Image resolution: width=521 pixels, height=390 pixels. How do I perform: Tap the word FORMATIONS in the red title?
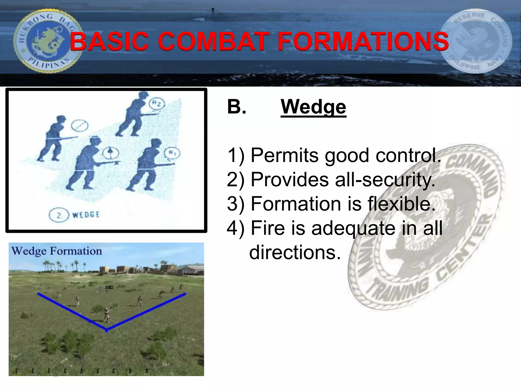pyautogui.click(x=363, y=41)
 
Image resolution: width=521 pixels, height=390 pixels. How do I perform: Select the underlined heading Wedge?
pyautogui.click(x=313, y=107)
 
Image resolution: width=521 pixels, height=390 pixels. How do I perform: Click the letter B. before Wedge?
pyautogui.click(x=237, y=107)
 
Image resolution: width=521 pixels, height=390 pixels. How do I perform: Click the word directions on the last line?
pyautogui.click(x=295, y=252)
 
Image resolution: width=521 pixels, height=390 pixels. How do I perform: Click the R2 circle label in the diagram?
pyautogui.click(x=157, y=104)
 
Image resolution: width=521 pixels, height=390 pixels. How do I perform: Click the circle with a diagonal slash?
pyautogui.click(x=80, y=125)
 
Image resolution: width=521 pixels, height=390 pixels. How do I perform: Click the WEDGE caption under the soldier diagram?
pyautogui.click(x=86, y=215)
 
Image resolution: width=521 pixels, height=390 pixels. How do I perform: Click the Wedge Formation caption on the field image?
pyautogui.click(x=56, y=251)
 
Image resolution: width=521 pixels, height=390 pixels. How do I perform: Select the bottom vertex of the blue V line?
pyautogui.click(x=107, y=330)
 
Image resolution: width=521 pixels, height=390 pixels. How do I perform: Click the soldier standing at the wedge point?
pyautogui.click(x=107, y=315)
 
